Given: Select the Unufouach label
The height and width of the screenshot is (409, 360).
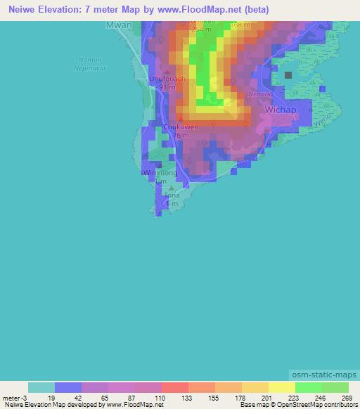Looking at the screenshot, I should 167,79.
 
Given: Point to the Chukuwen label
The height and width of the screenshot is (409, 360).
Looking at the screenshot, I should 181,127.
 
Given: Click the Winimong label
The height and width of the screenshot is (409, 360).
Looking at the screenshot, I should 160,172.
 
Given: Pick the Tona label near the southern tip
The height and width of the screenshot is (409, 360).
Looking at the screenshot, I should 172,195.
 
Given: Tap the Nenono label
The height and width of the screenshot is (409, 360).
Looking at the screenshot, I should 260,94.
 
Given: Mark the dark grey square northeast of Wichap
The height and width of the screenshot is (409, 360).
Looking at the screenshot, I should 288,74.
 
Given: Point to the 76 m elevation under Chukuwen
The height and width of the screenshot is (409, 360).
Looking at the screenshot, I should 181,136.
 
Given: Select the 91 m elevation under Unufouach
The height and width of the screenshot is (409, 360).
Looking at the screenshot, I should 166,88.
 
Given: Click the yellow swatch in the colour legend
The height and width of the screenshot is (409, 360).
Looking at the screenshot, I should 281,387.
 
